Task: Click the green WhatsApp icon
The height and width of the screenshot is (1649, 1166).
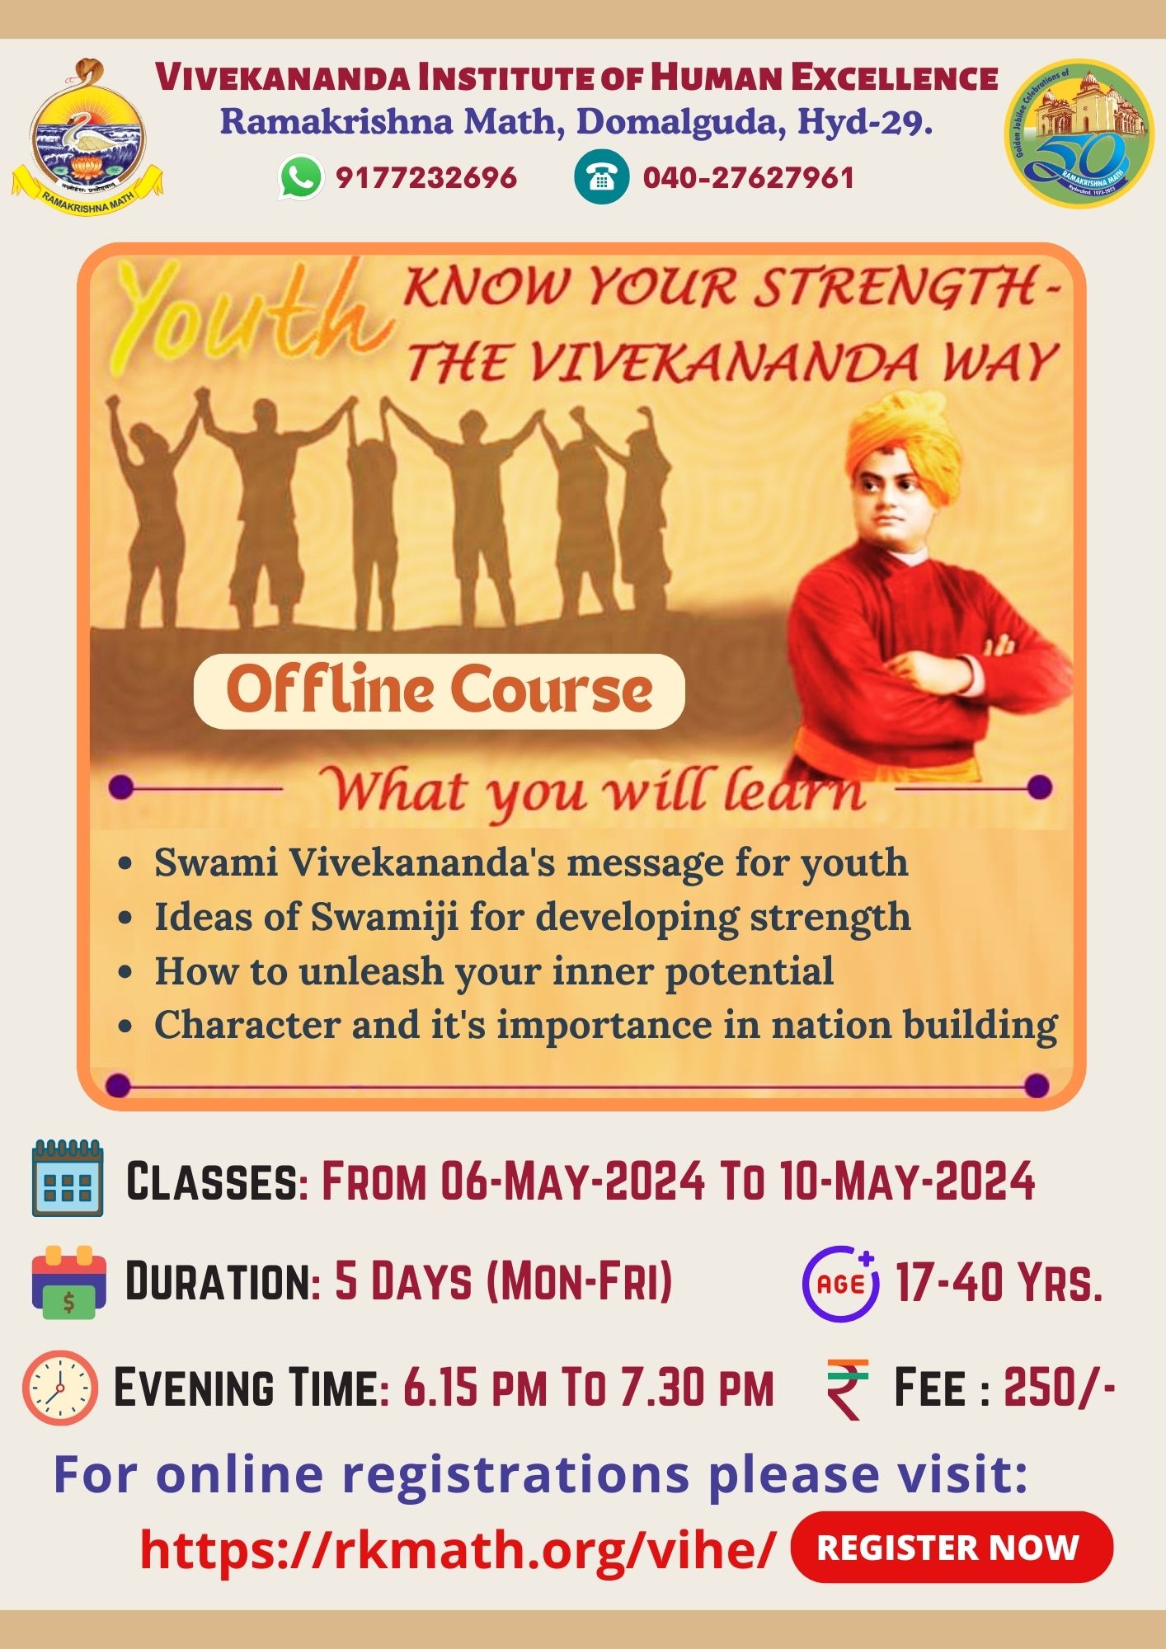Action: click(301, 177)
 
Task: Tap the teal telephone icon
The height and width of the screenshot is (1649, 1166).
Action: click(601, 177)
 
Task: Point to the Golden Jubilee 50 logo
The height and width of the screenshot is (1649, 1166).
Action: click(1079, 133)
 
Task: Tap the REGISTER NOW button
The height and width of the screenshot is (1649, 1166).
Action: click(952, 1548)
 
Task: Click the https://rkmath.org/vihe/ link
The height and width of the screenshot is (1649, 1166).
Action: click(458, 1549)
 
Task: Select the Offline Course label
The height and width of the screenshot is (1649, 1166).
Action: click(440, 691)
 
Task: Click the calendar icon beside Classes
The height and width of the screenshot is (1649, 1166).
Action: click(68, 1178)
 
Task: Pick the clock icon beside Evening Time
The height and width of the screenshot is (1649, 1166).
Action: click(60, 1388)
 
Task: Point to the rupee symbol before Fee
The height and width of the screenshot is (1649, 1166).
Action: click(848, 1388)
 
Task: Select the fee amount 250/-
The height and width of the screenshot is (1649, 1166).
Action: click(1060, 1387)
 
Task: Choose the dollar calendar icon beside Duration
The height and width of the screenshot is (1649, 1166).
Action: click(68, 1282)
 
